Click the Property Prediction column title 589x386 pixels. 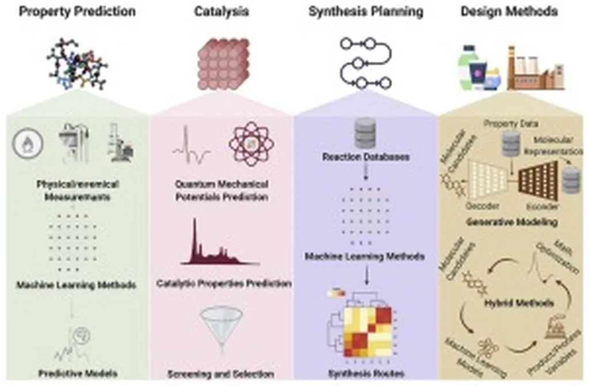[77, 11]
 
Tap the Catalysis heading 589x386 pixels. [221, 11]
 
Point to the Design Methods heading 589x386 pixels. [510, 11]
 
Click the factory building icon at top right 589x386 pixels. [535, 69]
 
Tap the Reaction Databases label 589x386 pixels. [365, 157]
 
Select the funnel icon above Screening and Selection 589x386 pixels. [221, 327]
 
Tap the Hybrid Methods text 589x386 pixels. [519, 302]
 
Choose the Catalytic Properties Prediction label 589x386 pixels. [224, 283]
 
